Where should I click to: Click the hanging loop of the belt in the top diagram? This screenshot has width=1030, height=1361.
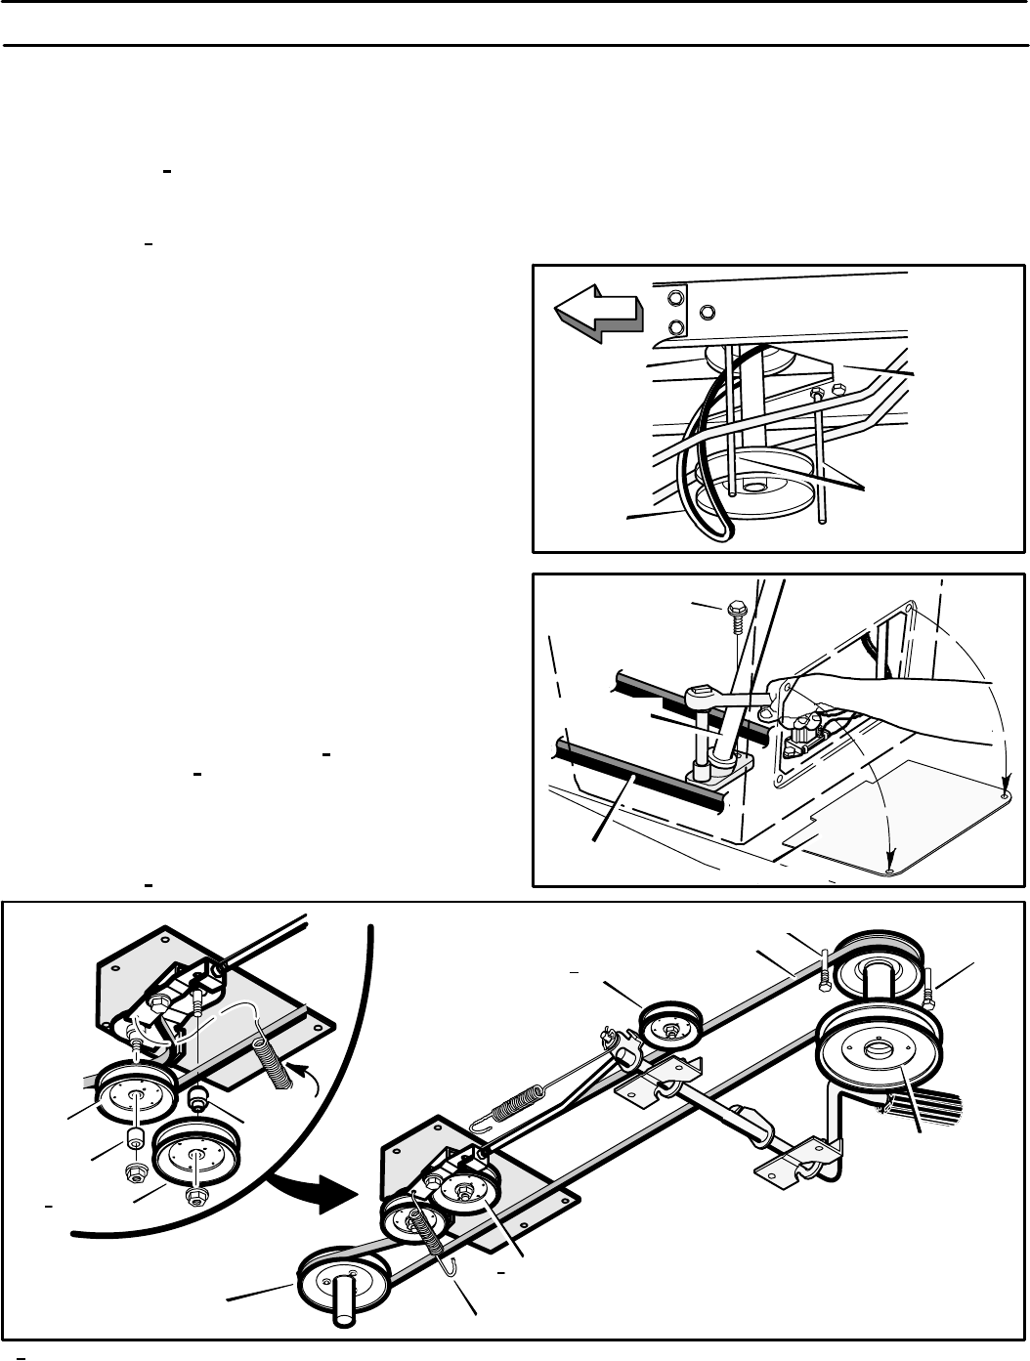pyautogui.click(x=711, y=518)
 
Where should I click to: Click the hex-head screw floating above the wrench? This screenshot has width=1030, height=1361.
pyautogui.click(x=734, y=619)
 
